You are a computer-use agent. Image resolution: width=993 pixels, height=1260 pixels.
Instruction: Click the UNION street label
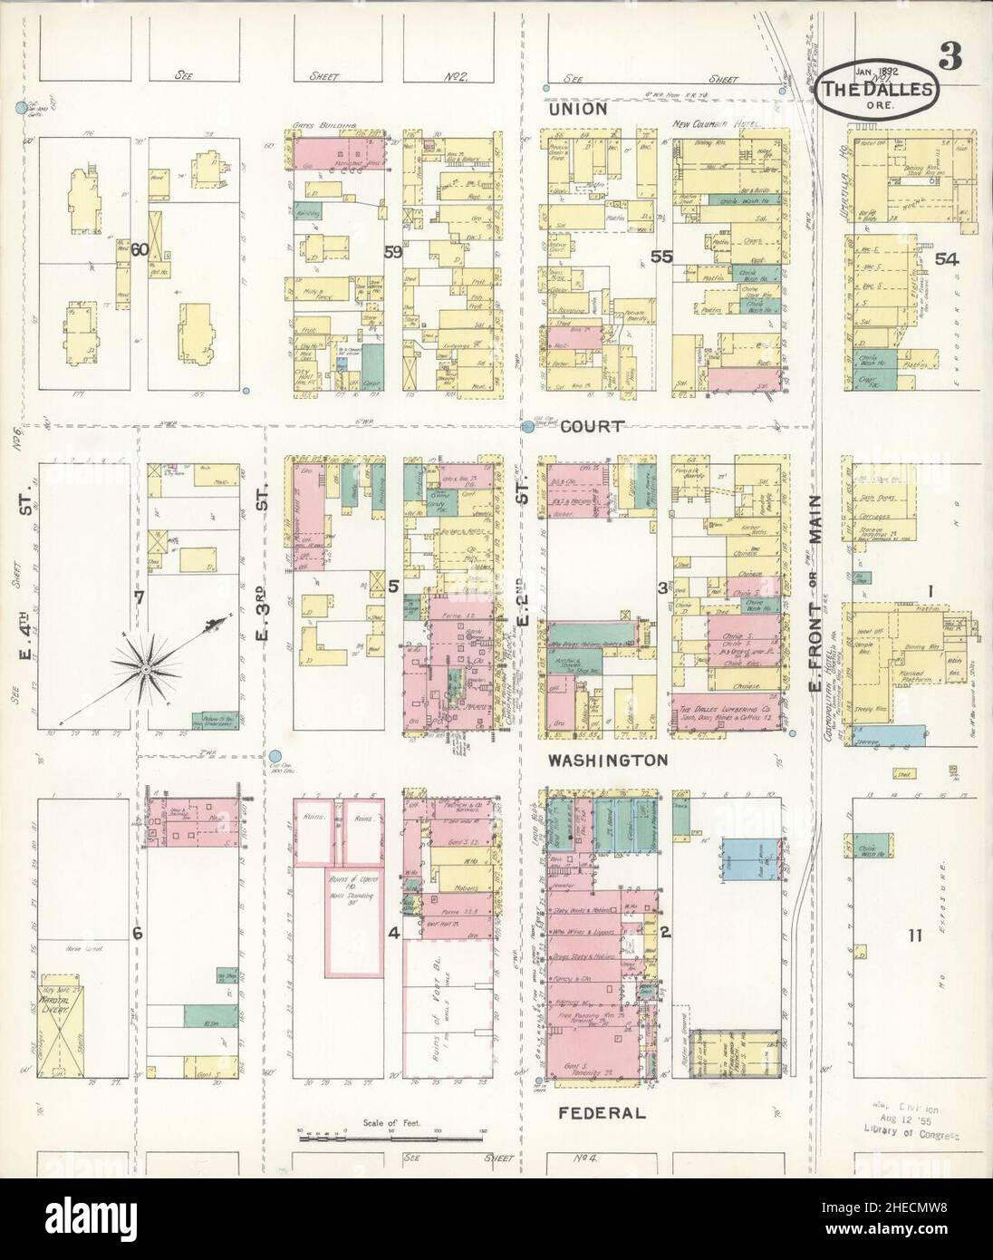tap(576, 109)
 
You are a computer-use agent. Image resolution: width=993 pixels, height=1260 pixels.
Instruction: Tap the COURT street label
tap(593, 426)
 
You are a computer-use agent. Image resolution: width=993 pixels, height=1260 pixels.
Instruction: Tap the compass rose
tap(145, 669)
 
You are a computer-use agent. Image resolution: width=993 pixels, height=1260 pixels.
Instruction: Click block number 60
tap(139, 249)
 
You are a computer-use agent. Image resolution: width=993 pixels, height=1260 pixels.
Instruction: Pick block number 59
tap(392, 253)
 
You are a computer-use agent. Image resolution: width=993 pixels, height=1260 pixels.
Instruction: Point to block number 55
tap(661, 257)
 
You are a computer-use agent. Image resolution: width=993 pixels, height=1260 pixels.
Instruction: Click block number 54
tap(947, 259)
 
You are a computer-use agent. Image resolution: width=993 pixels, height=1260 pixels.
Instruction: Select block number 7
tap(139, 596)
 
